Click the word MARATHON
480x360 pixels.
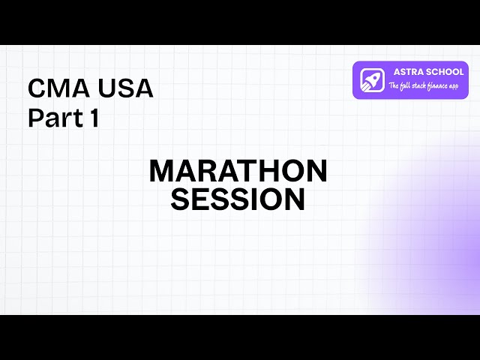(238, 171)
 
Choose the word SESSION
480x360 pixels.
(238, 200)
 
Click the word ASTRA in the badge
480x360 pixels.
(408, 72)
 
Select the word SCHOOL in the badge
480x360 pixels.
(444, 72)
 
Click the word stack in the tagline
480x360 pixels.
(416, 86)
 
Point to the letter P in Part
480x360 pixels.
(34, 118)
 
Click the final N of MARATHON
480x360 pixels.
(317, 171)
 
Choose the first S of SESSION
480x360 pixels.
(181, 200)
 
